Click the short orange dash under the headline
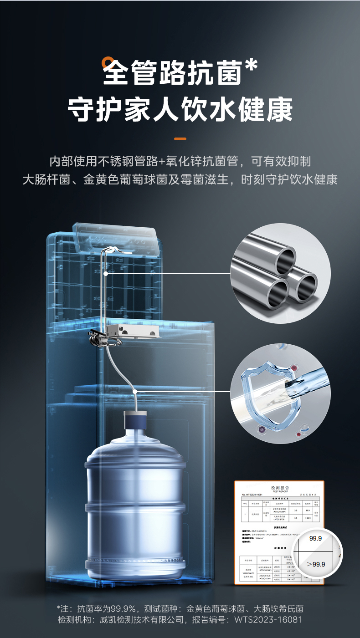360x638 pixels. tap(180, 138)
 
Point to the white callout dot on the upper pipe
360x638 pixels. tap(105, 273)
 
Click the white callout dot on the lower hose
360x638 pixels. tap(134, 391)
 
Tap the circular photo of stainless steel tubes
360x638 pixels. tap(280, 273)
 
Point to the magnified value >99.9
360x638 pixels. tap(316, 564)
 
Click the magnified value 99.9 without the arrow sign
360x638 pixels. tap(315, 538)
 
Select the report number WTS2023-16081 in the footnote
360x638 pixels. tap(268, 620)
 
